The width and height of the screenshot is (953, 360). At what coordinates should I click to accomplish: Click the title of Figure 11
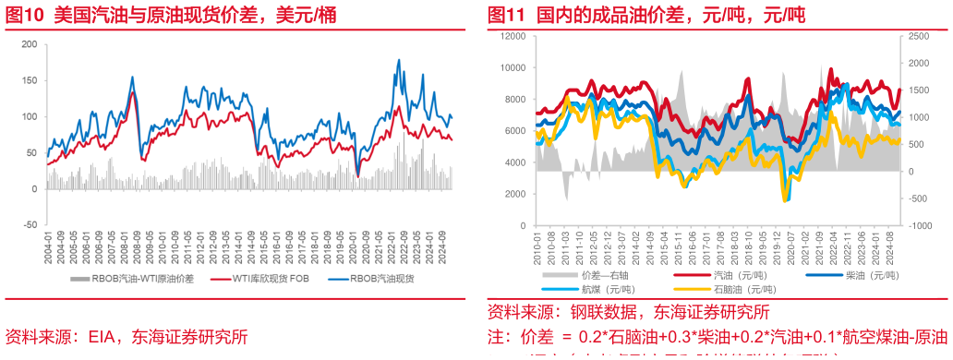(646, 15)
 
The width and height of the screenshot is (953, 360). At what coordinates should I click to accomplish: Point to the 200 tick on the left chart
(29, 44)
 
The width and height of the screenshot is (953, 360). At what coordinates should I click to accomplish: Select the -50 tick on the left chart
(29, 224)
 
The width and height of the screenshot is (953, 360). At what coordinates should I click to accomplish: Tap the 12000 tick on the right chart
(512, 35)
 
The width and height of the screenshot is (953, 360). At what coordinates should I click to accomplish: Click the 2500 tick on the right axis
(918, 35)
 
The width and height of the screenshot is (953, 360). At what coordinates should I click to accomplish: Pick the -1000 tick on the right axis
(919, 225)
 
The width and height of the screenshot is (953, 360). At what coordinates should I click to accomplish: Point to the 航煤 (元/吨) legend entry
(609, 288)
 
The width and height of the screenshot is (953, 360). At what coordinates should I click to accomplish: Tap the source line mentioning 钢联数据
(628, 311)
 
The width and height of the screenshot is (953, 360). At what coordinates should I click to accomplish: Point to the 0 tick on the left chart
(32, 188)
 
